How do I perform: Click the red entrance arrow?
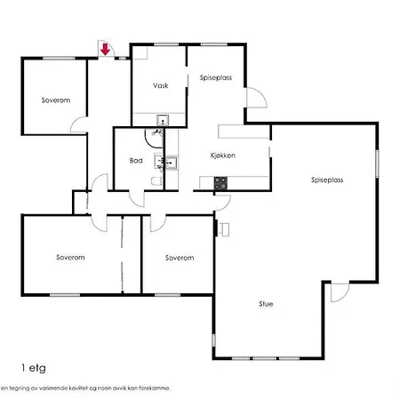(x=105, y=49)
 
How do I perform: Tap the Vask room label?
(x=161, y=85)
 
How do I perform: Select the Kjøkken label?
(x=223, y=156)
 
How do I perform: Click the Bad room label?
(x=136, y=161)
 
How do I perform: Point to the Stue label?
(x=266, y=304)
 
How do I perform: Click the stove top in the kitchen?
(x=220, y=183)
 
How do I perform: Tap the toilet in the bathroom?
(x=156, y=180)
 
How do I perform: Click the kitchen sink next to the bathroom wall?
(x=172, y=163)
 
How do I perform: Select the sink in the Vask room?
(x=163, y=120)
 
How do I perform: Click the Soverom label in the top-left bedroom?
(x=56, y=100)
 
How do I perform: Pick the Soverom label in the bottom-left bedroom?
(x=70, y=257)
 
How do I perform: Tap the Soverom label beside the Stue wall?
(x=180, y=258)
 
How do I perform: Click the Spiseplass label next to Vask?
(x=216, y=77)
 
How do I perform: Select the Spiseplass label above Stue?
(x=327, y=180)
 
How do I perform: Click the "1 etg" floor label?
(x=34, y=368)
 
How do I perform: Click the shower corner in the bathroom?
(x=154, y=138)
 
